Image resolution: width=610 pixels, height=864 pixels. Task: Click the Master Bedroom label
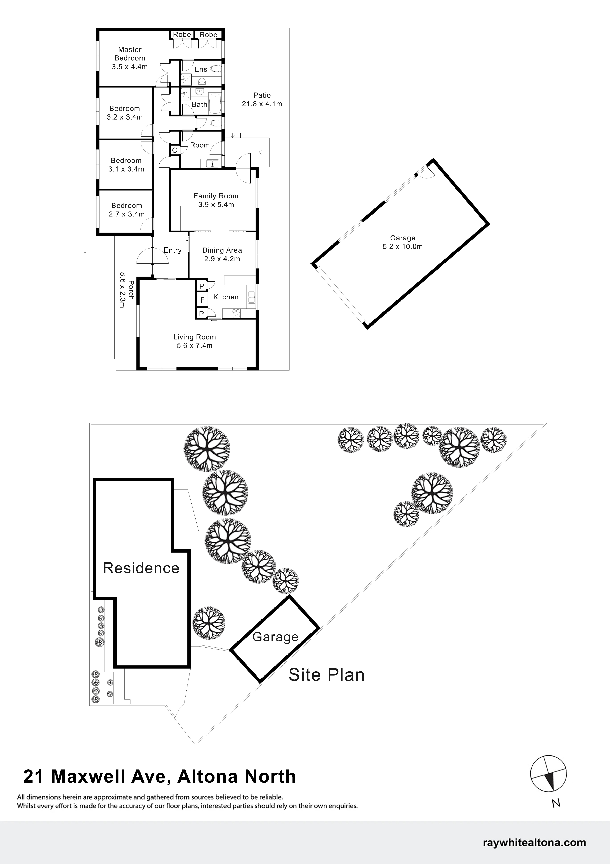coord(130,54)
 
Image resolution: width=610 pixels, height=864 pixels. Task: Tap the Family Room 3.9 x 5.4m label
coord(216,200)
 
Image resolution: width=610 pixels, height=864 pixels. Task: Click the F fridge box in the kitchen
coord(202,300)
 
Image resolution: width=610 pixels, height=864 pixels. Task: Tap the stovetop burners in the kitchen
coord(236,314)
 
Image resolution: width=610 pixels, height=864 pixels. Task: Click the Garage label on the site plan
coord(276,637)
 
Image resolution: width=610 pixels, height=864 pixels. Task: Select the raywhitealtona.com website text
coord(534,843)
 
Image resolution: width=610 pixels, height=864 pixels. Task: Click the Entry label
coord(172,250)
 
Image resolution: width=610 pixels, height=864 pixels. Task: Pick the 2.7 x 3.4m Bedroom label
coord(127,210)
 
